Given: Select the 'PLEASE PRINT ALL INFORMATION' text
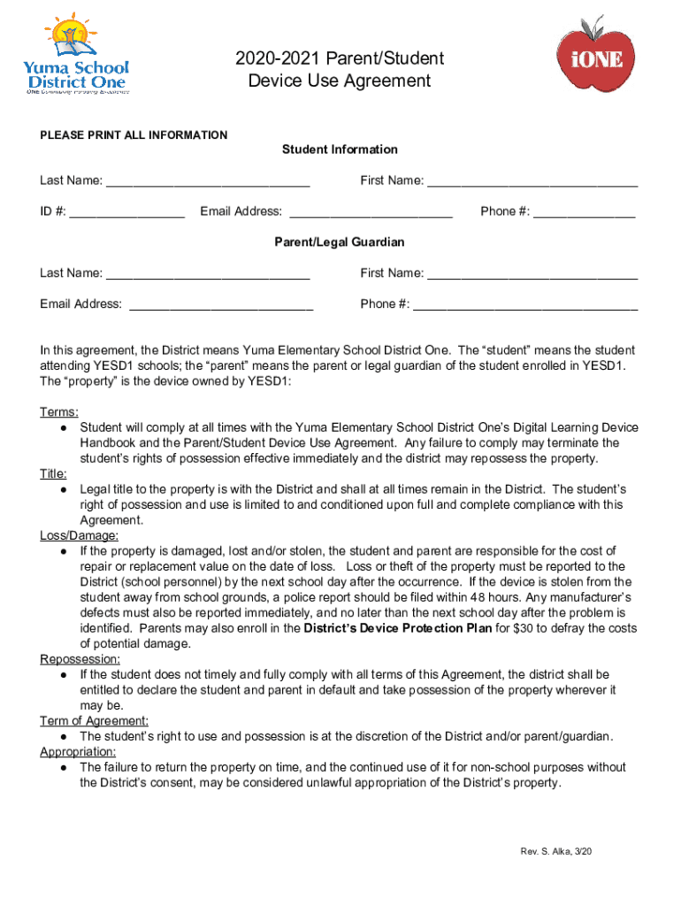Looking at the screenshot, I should (x=134, y=135).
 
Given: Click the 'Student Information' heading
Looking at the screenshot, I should (x=340, y=150).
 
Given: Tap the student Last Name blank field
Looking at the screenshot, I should (x=207, y=182).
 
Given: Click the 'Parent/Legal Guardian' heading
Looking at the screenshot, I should (x=340, y=242).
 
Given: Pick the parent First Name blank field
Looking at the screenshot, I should (x=532, y=274).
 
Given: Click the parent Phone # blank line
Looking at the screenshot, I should (x=525, y=305).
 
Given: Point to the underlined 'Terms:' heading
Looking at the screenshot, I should (x=59, y=412).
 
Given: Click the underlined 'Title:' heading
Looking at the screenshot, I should (x=54, y=473).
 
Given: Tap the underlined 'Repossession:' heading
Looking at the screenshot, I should (x=80, y=659).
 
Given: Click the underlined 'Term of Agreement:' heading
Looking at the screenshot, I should (x=94, y=721).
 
